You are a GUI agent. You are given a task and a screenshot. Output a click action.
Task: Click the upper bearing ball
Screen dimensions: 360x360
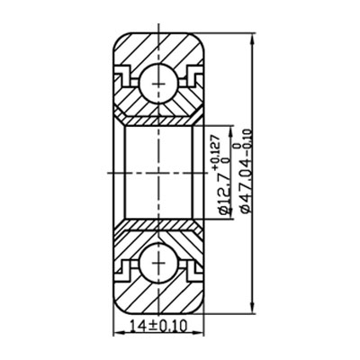[160, 84]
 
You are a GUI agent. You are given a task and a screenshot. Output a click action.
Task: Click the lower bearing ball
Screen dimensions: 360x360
[160, 265]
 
